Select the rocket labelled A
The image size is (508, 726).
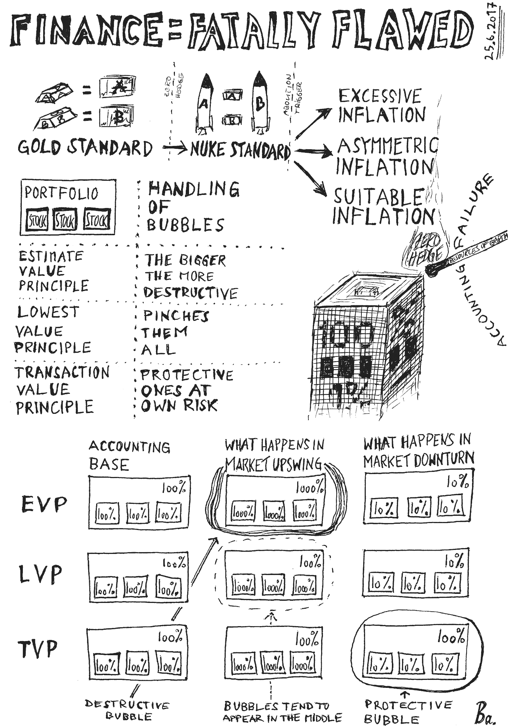click(205, 103)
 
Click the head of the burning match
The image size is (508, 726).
click(432, 269)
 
